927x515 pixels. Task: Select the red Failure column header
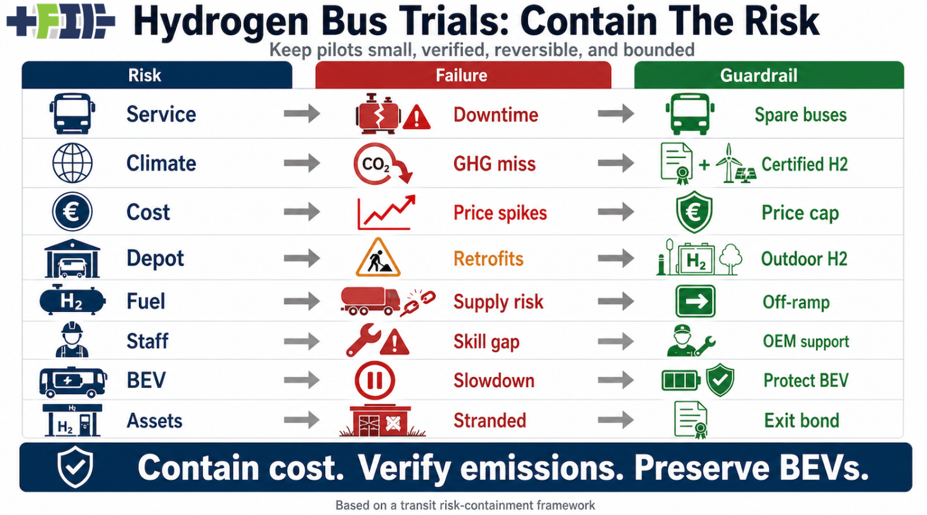pyautogui.click(x=462, y=75)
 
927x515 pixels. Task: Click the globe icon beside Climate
pyautogui.click(x=72, y=163)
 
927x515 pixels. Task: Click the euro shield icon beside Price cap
pyautogui.click(x=694, y=212)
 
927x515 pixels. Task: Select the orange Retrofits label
pyautogui.click(x=488, y=258)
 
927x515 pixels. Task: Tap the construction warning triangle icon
pyautogui.click(x=378, y=258)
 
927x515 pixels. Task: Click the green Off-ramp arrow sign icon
pyautogui.click(x=695, y=301)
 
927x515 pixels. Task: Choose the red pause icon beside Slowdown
pyautogui.click(x=375, y=380)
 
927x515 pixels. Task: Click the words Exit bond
pyautogui.click(x=802, y=421)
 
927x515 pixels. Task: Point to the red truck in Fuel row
pyautogui.click(x=370, y=300)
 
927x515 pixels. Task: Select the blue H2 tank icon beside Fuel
pyautogui.click(x=72, y=301)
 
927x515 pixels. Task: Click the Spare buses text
pyautogui.click(x=800, y=115)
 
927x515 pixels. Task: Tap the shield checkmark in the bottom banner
pyautogui.click(x=75, y=467)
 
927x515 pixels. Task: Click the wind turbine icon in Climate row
pyautogui.click(x=729, y=163)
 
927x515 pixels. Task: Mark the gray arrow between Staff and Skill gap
pyautogui.click(x=302, y=341)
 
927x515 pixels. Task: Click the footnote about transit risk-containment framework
pyautogui.click(x=465, y=505)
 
